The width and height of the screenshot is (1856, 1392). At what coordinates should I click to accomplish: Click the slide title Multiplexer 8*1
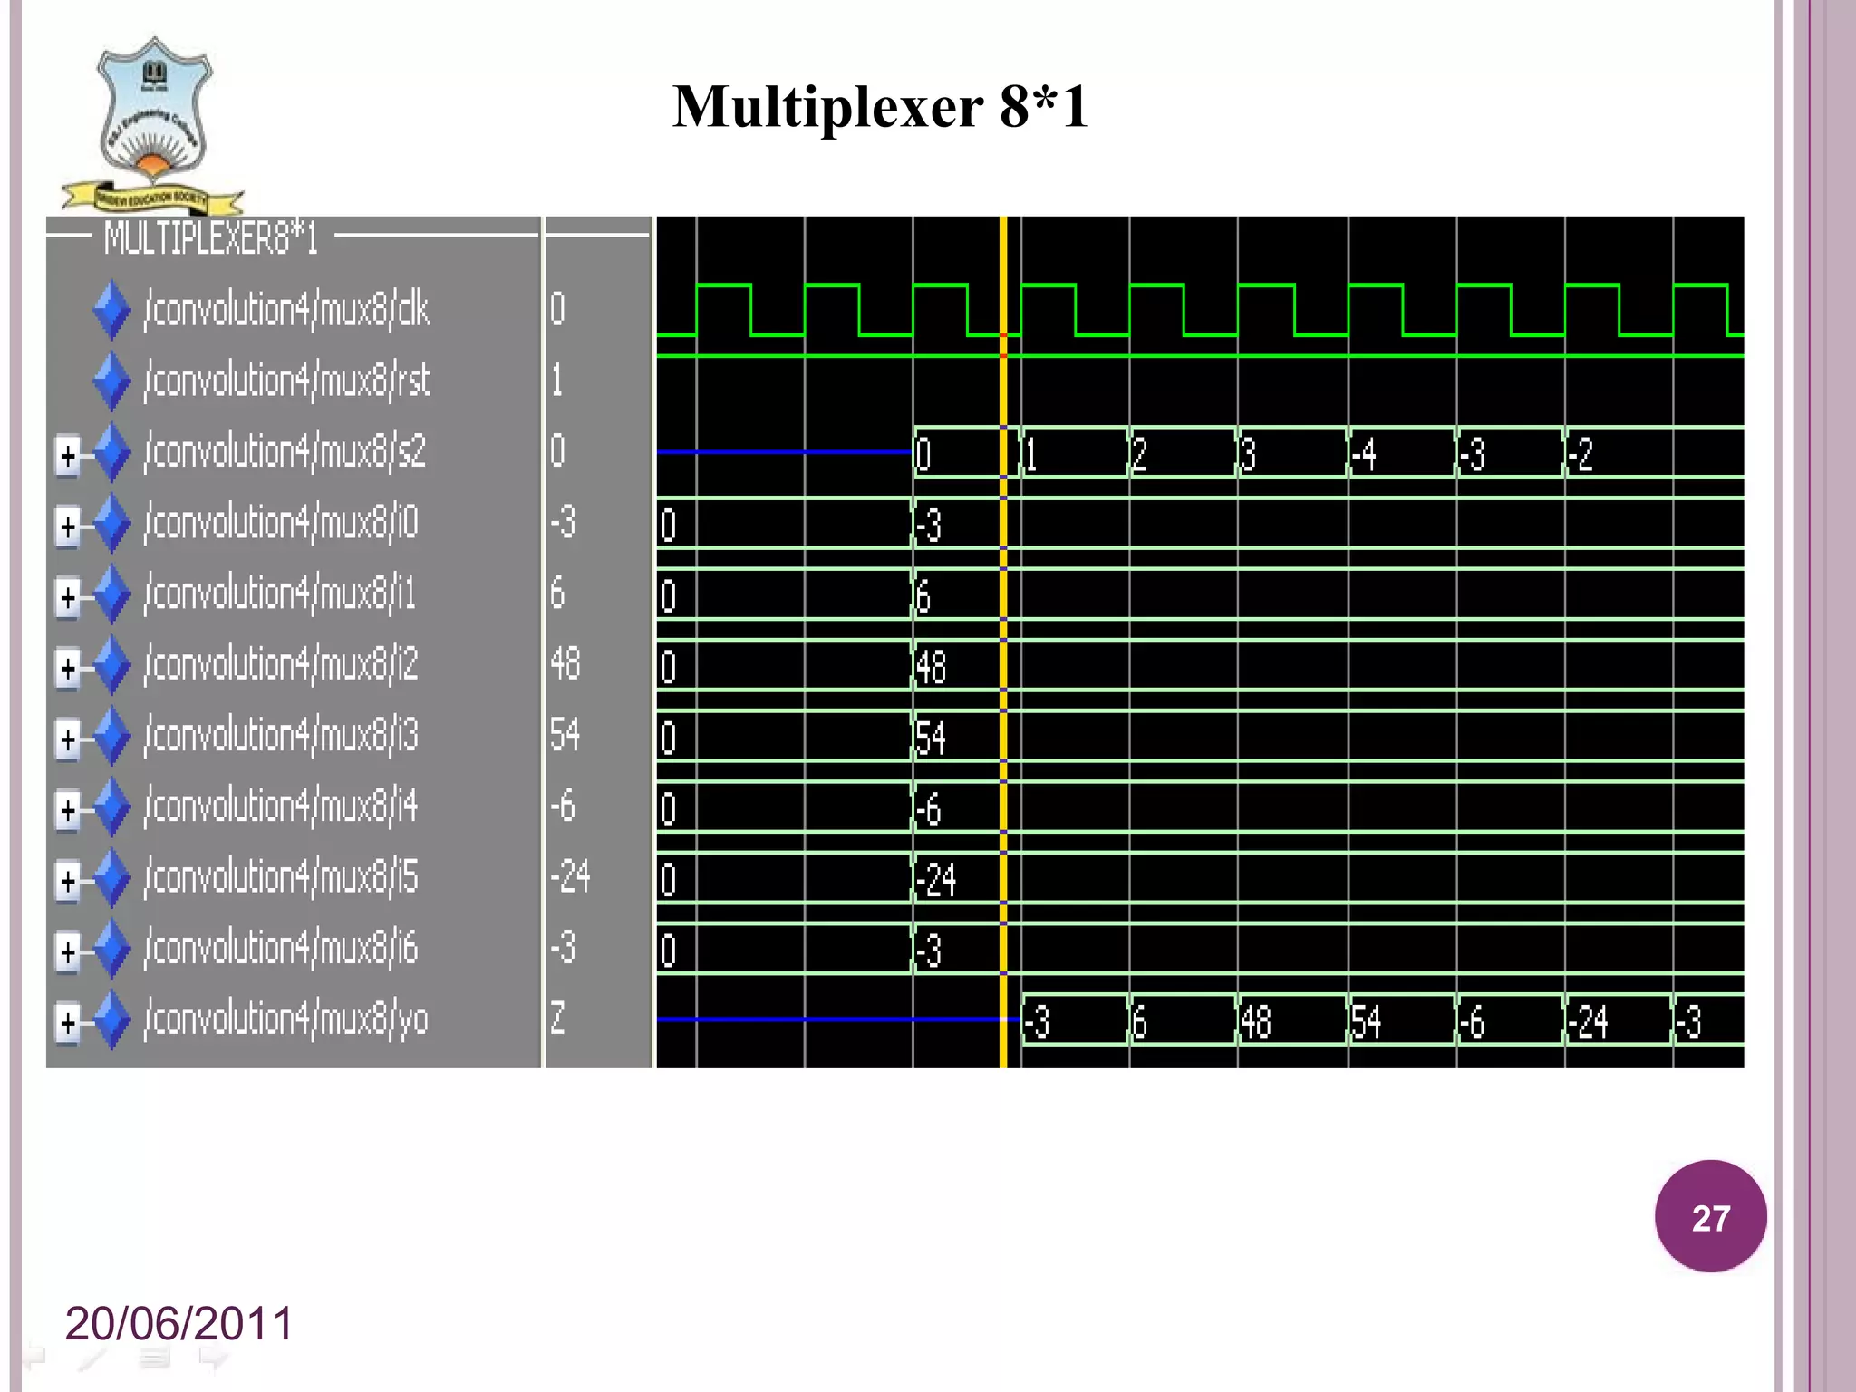(x=880, y=107)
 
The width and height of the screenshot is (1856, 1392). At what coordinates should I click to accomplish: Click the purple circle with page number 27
(x=1710, y=1216)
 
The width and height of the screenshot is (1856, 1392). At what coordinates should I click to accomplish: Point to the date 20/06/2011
(x=179, y=1323)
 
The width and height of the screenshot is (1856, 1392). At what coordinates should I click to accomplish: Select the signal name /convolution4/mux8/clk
(x=286, y=310)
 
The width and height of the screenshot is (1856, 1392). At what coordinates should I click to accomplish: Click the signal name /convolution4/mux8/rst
(x=286, y=381)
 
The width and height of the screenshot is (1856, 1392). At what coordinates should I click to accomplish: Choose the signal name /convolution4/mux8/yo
(x=286, y=1020)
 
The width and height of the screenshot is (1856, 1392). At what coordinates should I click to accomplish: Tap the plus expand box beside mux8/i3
(x=68, y=738)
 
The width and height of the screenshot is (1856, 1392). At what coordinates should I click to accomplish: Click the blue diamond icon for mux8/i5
(x=112, y=878)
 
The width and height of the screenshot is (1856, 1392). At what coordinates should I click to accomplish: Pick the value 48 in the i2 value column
(x=565, y=664)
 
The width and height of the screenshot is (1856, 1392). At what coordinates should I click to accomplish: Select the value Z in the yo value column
(x=557, y=1020)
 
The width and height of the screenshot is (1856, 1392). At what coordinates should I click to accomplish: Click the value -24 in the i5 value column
(x=570, y=877)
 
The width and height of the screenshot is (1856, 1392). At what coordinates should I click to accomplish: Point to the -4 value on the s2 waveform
(x=1363, y=454)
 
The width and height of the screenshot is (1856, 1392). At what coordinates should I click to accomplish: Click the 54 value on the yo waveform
(x=1366, y=1022)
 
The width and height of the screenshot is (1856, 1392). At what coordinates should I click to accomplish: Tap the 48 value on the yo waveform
(x=1256, y=1022)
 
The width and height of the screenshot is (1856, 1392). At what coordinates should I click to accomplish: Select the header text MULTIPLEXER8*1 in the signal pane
(x=210, y=238)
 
